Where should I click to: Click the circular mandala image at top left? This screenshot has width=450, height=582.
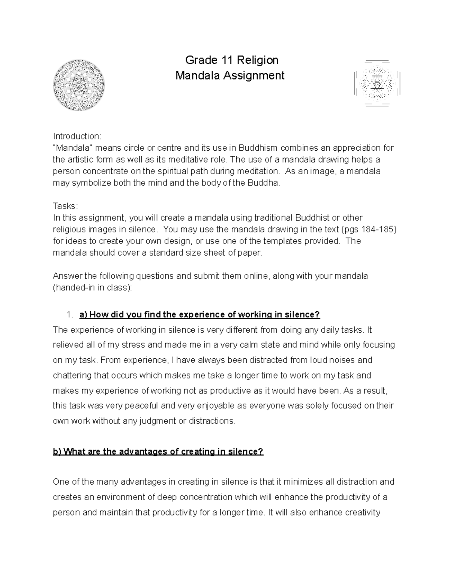79,85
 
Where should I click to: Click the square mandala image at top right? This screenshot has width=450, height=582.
377,83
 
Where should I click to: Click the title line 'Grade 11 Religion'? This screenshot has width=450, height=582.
232,60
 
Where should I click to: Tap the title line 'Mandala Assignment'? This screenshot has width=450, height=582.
230,76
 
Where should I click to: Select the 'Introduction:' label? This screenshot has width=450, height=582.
77,136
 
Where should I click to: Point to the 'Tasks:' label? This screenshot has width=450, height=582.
65,206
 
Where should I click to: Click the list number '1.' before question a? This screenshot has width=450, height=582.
70,314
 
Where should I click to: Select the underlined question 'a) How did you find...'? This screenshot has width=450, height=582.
199,314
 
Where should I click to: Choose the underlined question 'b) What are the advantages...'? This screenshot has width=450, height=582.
158,452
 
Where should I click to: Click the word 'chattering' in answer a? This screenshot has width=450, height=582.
72,376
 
